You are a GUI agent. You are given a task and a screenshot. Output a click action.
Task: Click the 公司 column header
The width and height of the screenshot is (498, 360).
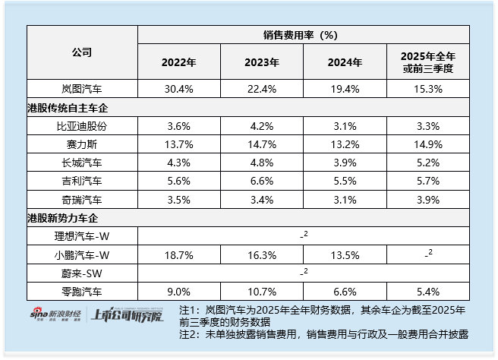tap(82, 52)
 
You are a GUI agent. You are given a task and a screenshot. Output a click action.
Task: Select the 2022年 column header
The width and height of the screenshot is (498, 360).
tap(178, 62)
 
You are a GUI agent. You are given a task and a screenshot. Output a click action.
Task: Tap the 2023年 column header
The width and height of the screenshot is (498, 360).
tap(261, 62)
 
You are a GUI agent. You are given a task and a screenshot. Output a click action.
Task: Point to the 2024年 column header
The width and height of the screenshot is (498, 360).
tap(344, 62)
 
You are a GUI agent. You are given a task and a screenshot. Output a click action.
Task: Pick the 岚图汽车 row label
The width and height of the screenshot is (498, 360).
tap(82, 89)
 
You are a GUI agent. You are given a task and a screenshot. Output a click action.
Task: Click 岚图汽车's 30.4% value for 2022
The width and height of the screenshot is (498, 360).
tap(178, 89)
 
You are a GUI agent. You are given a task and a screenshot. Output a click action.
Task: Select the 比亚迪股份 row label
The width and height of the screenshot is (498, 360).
tap(82, 126)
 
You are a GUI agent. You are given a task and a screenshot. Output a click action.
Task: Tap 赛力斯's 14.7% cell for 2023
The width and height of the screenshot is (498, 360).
tap(261, 144)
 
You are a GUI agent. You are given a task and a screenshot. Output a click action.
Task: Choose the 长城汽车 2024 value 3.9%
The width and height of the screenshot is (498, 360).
tap(344, 163)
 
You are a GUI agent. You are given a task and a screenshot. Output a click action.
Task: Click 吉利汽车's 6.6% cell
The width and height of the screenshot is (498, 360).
tap(261, 182)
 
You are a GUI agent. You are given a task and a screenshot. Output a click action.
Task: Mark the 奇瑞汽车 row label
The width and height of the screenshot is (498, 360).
tap(82, 200)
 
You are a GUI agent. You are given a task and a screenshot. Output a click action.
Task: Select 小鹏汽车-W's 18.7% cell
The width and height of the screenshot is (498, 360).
tap(178, 254)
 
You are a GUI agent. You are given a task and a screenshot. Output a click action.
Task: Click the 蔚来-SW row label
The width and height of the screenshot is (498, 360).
tap(82, 272)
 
